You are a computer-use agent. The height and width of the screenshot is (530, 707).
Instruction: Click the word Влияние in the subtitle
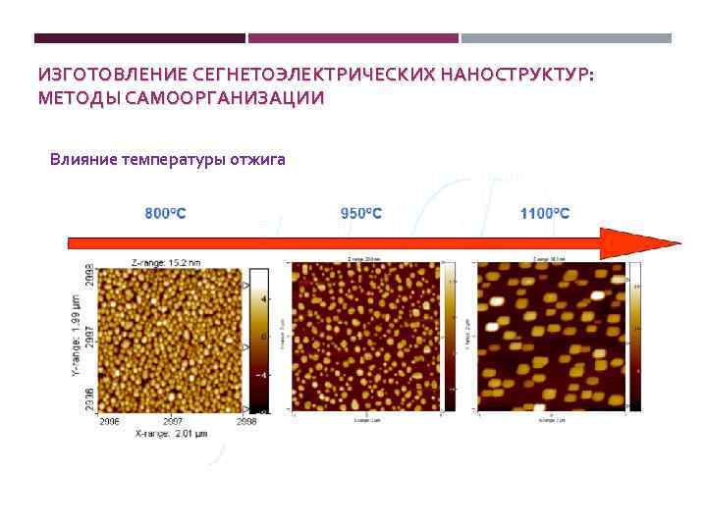point(82,158)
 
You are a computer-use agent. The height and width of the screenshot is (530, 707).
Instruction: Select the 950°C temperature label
point(361,213)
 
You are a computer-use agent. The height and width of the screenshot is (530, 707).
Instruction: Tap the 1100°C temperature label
point(545,213)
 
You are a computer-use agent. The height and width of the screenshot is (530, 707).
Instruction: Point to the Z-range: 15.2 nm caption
point(166,262)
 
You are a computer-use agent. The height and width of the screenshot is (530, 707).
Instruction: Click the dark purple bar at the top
point(139,38)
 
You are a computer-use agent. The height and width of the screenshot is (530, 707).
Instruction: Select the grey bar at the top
point(567,38)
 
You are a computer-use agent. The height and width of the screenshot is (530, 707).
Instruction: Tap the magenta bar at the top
point(353,38)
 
